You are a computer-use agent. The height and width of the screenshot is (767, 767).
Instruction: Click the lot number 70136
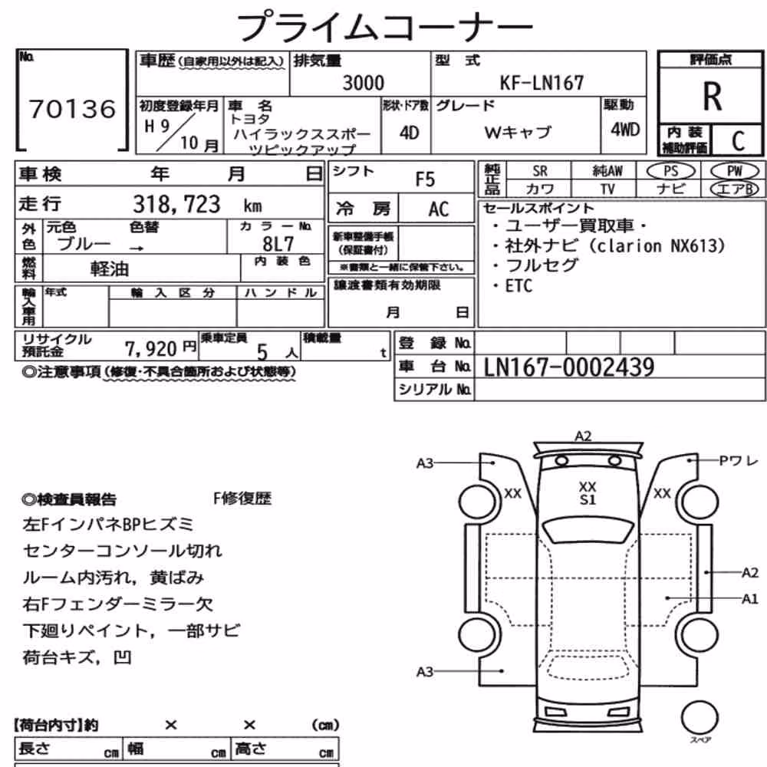72,109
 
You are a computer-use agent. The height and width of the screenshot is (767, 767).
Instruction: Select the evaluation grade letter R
712,97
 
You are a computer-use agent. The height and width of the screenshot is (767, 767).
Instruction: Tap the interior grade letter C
738,141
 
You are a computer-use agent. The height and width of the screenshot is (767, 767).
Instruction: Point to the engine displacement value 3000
363,83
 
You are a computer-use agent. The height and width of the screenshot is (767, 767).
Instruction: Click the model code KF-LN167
541,83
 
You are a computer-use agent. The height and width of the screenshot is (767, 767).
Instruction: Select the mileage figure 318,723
176,204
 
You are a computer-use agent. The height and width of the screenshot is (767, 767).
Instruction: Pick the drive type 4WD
624,130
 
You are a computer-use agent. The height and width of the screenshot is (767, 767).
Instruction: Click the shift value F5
425,179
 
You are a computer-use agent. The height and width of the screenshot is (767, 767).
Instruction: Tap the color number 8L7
278,244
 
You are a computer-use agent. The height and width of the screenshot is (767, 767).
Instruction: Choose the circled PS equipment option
670,171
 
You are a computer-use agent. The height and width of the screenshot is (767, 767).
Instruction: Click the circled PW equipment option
734,171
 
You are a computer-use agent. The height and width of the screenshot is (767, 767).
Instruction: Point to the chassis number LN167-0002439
568,367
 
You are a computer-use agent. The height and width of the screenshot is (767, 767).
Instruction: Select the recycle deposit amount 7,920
150,349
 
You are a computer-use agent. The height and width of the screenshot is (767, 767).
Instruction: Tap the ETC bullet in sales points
518,285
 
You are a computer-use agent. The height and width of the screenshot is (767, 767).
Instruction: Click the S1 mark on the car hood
588,499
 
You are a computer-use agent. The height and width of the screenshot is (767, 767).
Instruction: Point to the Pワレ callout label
738,461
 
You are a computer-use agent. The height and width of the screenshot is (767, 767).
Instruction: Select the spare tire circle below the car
700,718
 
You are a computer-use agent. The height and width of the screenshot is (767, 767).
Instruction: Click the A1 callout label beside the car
749,599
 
